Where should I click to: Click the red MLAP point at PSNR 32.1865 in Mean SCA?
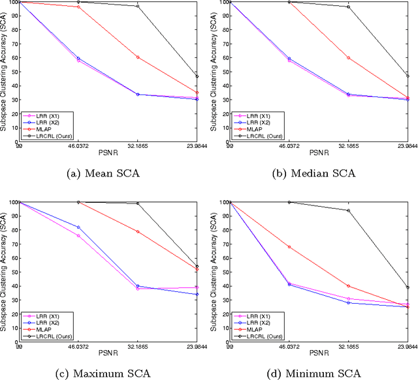click(x=138, y=57)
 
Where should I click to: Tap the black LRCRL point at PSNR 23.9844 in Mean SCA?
click(x=197, y=77)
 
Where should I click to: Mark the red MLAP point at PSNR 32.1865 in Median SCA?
click(x=348, y=58)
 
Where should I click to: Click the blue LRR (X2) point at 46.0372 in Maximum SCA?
click(x=78, y=227)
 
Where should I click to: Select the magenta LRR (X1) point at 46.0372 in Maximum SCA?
click(x=78, y=235)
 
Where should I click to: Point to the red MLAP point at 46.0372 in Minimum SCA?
click(x=289, y=246)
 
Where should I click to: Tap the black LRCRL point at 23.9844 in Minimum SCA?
click(x=408, y=287)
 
